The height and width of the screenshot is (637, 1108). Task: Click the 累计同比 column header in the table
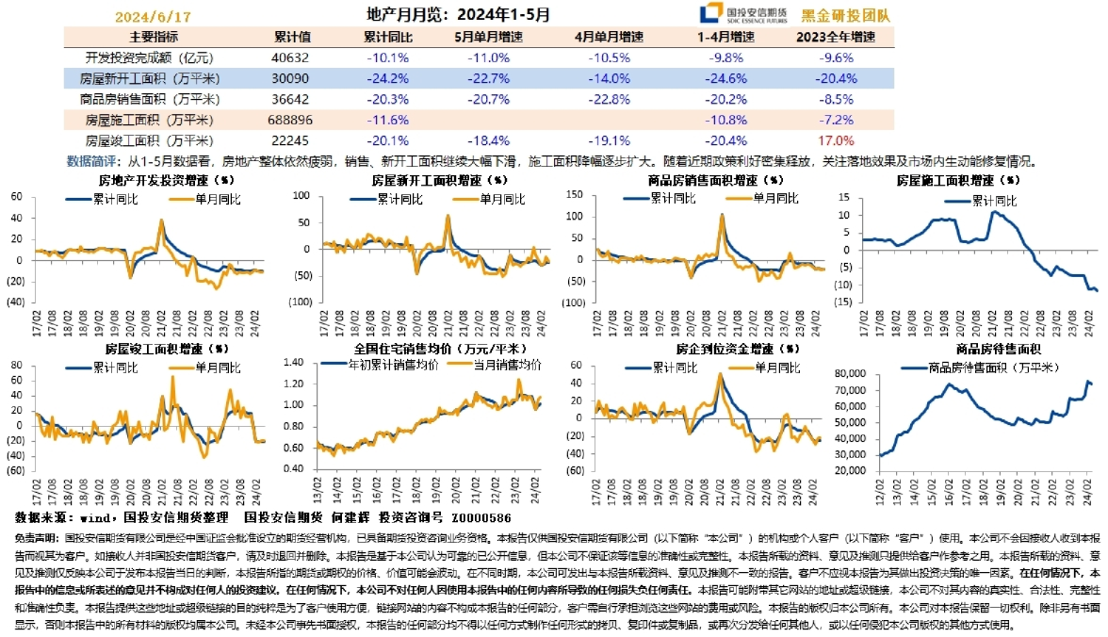[x=387, y=37]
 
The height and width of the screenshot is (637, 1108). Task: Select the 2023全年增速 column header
[x=836, y=37]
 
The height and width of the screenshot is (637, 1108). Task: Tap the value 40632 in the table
[x=291, y=57]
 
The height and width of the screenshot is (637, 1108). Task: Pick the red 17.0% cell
[x=836, y=139]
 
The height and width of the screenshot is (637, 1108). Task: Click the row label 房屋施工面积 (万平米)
[x=149, y=120]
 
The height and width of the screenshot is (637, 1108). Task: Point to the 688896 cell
[x=291, y=120]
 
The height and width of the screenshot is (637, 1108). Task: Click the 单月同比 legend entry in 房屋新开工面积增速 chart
[x=500, y=199]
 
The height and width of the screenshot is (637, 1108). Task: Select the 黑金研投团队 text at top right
[x=858, y=16]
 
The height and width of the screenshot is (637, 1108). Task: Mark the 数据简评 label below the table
[x=90, y=160]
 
